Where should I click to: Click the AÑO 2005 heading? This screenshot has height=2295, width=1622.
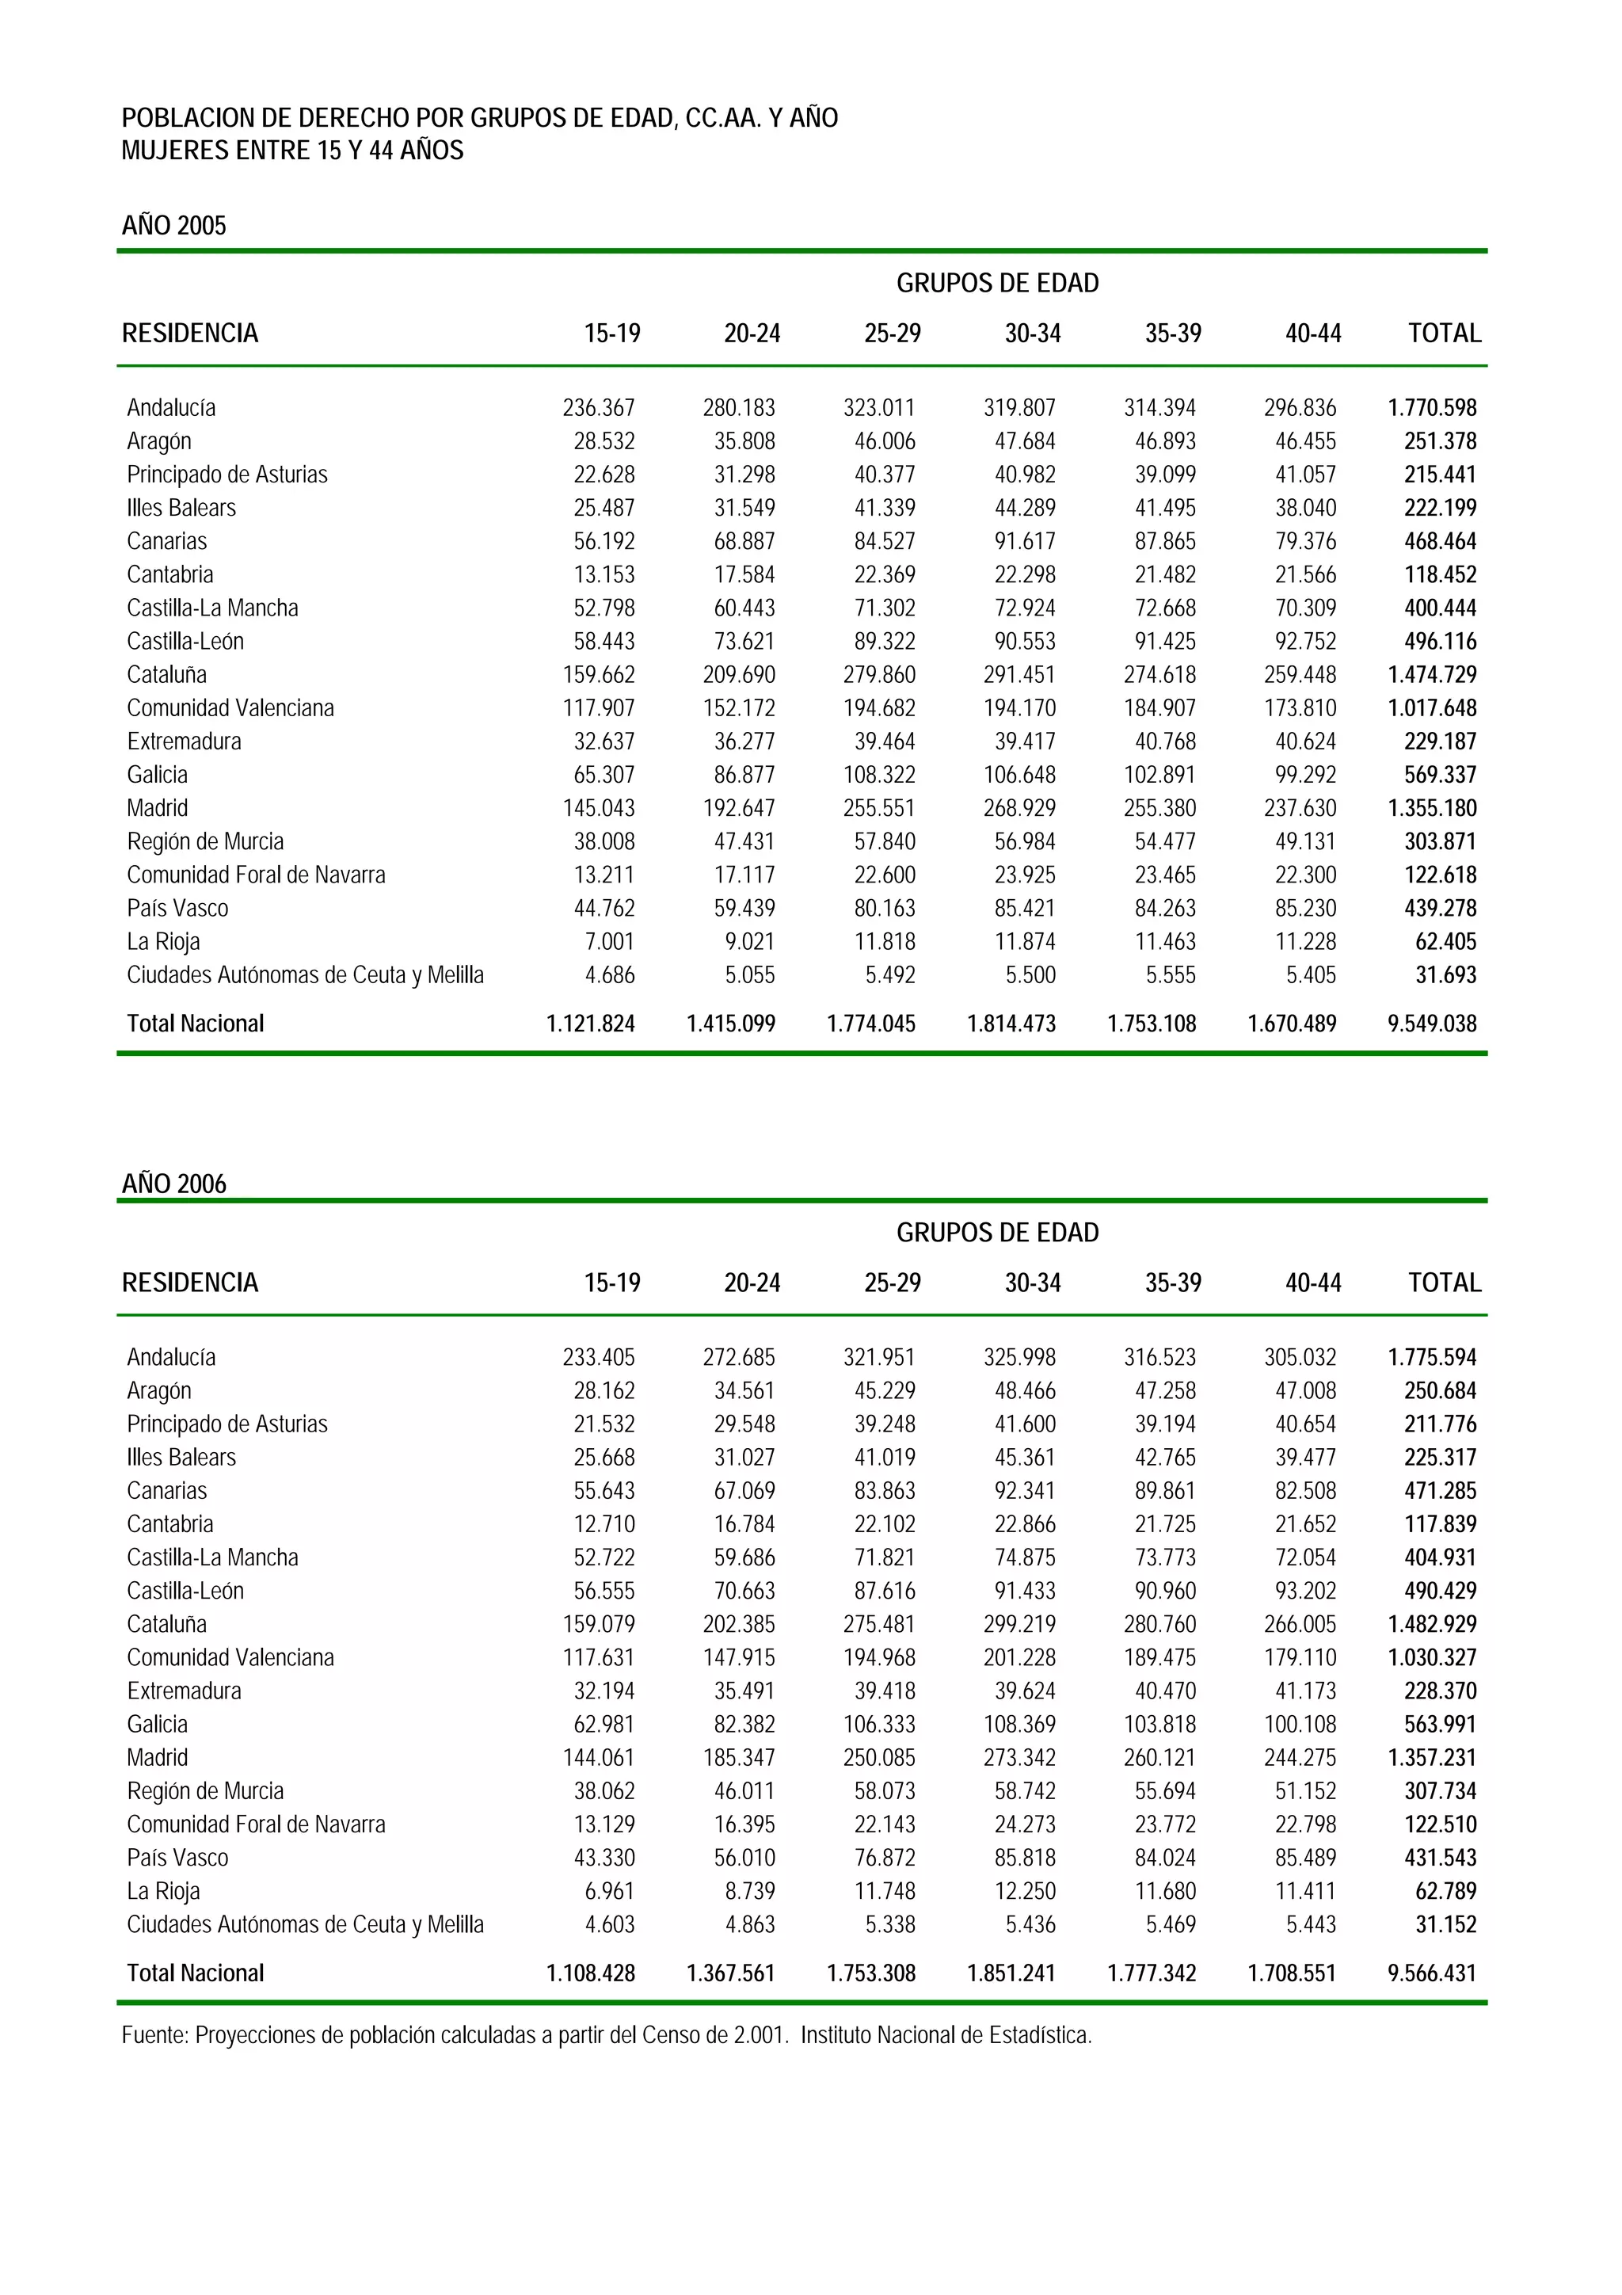click(x=174, y=226)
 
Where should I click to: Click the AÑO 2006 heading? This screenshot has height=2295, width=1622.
click(x=174, y=1184)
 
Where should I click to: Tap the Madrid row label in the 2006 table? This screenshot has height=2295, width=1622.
click(x=157, y=1757)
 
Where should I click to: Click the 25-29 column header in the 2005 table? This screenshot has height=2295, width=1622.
click(x=892, y=334)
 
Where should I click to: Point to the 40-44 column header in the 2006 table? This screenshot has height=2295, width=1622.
click(x=1312, y=1283)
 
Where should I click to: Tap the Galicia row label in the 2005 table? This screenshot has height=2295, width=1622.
click(x=157, y=775)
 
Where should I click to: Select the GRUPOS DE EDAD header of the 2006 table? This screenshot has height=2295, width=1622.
click(x=996, y=1233)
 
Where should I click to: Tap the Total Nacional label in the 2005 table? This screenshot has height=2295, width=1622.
click(x=195, y=1024)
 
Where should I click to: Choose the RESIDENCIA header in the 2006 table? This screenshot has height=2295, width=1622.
click(x=190, y=1283)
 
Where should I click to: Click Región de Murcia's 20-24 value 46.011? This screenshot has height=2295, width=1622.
click(x=744, y=1791)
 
